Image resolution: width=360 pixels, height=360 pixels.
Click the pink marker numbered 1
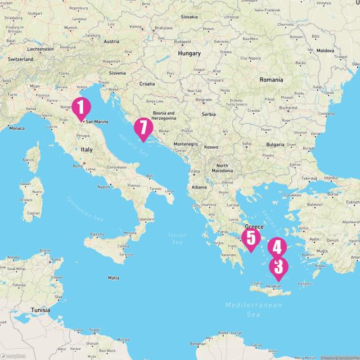coord(80,108)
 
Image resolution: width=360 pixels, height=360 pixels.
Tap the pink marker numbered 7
coord(143,128)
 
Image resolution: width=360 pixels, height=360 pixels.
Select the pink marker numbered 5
coord(250,238)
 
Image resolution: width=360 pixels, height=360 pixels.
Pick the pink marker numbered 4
coord(277,247)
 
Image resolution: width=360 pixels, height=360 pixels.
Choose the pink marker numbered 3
coord(278,267)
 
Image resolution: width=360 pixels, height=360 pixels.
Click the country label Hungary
coord(189,53)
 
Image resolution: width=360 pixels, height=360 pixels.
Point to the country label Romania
coord(271,80)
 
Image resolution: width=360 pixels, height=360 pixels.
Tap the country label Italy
coord(87,150)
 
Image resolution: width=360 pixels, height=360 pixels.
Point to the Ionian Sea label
coord(176,238)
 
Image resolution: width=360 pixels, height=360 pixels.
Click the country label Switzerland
coord(21,58)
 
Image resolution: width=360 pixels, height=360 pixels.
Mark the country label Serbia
coord(209,114)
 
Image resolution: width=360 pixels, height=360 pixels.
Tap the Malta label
coord(114,278)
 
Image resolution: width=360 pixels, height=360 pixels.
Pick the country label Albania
coord(199,187)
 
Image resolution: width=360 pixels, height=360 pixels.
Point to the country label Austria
coord(111,41)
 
